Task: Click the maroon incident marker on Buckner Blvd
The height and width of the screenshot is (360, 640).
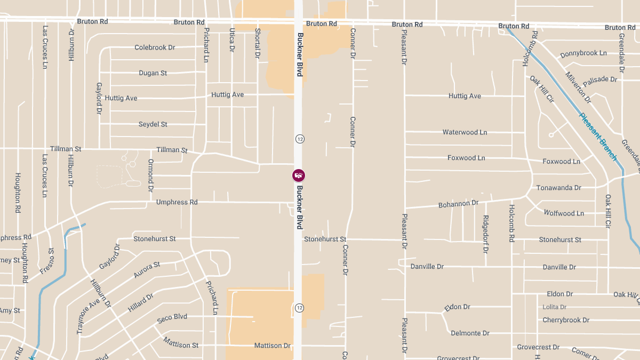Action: click(299, 175)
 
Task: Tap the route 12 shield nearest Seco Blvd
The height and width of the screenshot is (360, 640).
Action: click(299, 308)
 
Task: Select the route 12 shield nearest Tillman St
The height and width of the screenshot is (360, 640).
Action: click(299, 139)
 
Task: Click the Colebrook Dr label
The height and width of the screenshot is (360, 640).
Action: click(155, 47)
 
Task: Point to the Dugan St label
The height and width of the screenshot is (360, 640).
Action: click(153, 73)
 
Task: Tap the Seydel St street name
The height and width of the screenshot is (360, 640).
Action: click(153, 124)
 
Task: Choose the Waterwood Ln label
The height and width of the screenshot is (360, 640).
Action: click(465, 132)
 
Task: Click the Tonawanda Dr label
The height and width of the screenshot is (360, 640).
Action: click(558, 188)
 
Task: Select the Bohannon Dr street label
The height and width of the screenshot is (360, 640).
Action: click(458, 204)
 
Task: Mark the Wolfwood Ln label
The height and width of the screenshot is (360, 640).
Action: click(564, 213)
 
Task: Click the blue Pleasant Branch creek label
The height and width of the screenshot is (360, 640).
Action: click(598, 137)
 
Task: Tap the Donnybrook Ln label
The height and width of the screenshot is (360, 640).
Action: click(583, 54)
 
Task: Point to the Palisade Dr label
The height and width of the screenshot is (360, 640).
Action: click(600, 79)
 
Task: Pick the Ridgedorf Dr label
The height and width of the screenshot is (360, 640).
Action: click(485, 234)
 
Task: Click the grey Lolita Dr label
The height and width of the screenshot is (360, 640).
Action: click(555, 307)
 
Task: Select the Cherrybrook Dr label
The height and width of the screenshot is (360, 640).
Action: click(566, 320)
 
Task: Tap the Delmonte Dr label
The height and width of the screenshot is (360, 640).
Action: click(470, 333)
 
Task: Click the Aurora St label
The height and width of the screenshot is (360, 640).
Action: click(147, 269)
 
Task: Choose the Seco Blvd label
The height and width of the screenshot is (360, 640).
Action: click(172, 318)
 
